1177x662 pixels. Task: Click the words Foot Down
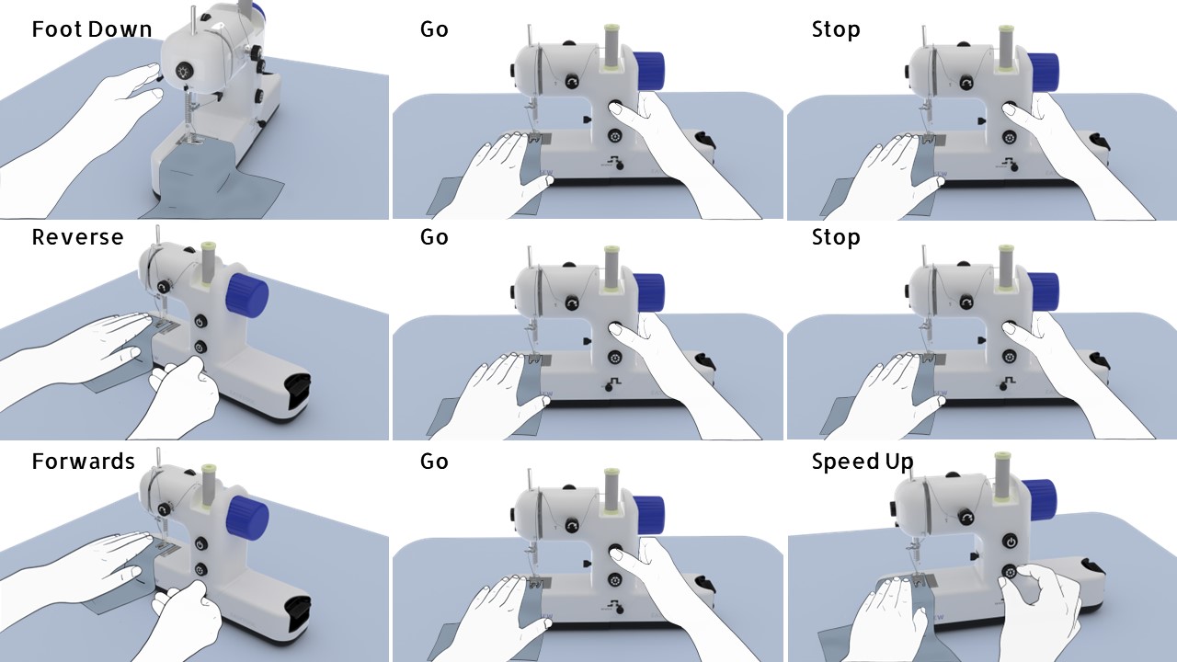pyautogui.click(x=91, y=29)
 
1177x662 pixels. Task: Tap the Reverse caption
pyautogui.click(x=77, y=237)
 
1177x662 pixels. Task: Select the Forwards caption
pyautogui.click(x=83, y=461)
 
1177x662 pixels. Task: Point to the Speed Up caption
pyautogui.click(x=862, y=462)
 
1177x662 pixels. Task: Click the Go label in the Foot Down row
pyautogui.click(x=434, y=29)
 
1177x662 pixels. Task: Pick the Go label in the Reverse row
pyautogui.click(x=434, y=237)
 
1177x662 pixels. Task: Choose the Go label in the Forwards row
pyautogui.click(x=434, y=461)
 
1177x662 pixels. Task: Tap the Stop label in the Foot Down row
pyautogui.click(x=836, y=29)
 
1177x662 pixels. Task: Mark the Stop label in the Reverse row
pyautogui.click(x=836, y=237)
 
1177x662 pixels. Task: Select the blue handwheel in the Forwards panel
pyautogui.click(x=246, y=517)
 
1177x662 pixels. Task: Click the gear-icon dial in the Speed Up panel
pyautogui.click(x=1011, y=572)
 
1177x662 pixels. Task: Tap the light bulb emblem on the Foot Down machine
pyautogui.click(x=185, y=71)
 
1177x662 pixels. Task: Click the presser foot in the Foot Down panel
pyautogui.click(x=195, y=140)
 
